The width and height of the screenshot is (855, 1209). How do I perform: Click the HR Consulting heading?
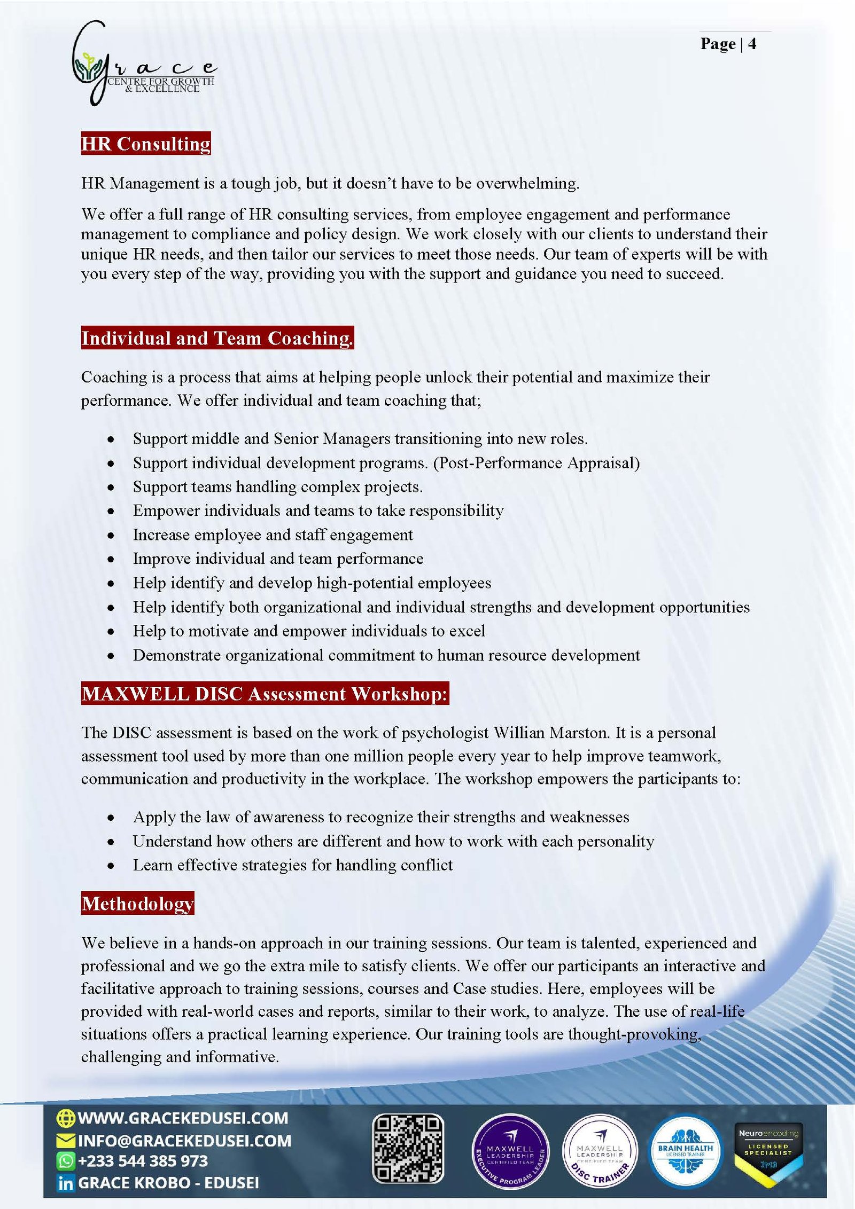145,144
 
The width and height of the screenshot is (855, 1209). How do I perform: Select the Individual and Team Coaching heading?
217,338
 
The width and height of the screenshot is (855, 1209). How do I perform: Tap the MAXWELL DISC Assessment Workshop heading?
265,693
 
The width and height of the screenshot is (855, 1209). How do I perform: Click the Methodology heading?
137,903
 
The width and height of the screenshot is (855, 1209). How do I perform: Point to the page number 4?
752,44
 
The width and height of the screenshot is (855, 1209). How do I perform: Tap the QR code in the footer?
408,1148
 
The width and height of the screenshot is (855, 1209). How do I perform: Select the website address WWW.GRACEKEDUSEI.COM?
183,1118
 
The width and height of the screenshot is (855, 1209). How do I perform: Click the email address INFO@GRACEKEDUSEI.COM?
184,1141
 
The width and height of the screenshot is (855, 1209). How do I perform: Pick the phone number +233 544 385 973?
143,1161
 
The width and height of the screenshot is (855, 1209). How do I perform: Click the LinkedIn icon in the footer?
65,1183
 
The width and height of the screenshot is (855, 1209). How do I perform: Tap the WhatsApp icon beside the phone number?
65,1161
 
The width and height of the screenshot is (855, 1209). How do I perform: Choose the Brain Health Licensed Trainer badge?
686,1150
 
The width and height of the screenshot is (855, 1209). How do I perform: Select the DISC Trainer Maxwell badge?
600,1150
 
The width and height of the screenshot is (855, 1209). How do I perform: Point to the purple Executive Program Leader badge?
510,1150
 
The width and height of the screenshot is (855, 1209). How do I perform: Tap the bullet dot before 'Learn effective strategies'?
111,866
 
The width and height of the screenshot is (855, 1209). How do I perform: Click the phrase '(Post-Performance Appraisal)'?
536,463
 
